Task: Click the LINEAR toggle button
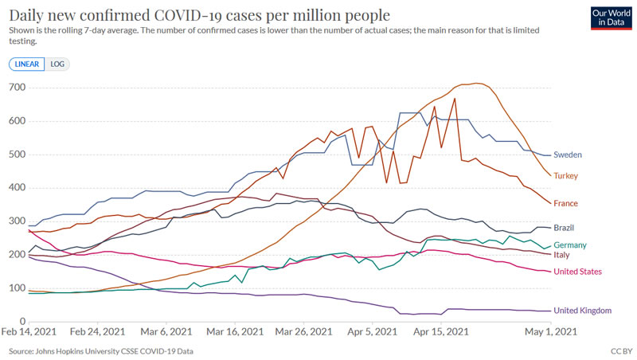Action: click(x=28, y=64)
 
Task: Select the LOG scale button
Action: click(x=57, y=64)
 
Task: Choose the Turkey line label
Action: click(x=566, y=175)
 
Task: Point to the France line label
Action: click(x=567, y=203)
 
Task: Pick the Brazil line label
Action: click(x=565, y=229)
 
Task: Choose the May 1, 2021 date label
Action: click(x=549, y=331)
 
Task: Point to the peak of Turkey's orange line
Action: click(x=476, y=83)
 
